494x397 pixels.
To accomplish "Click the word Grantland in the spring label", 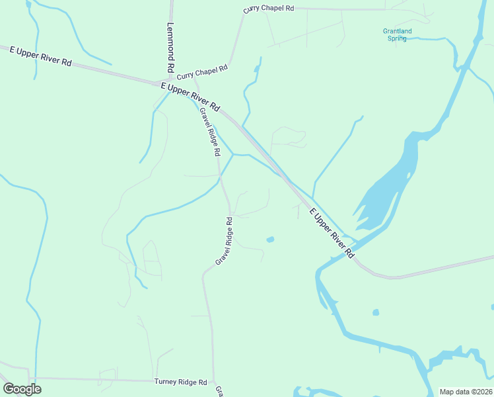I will click(x=397, y=31).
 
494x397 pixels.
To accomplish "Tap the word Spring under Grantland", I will click(x=397, y=38).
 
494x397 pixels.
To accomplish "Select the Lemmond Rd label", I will click(x=170, y=48).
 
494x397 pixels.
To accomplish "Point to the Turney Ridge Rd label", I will click(x=181, y=382).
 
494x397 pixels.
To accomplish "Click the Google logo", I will click(x=22, y=389).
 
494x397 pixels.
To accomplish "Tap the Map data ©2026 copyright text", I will click(x=466, y=392).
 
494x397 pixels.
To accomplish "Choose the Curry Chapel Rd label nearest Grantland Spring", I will click(x=268, y=9).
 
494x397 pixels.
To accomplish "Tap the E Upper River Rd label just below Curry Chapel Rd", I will click(x=190, y=97).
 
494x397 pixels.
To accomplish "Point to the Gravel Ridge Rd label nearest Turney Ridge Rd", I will click(x=226, y=242).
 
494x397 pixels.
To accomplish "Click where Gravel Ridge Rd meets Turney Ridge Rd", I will click(x=214, y=382).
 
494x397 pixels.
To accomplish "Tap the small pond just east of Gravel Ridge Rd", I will click(x=270, y=239).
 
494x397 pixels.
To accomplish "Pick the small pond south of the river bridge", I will click(x=376, y=312).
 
